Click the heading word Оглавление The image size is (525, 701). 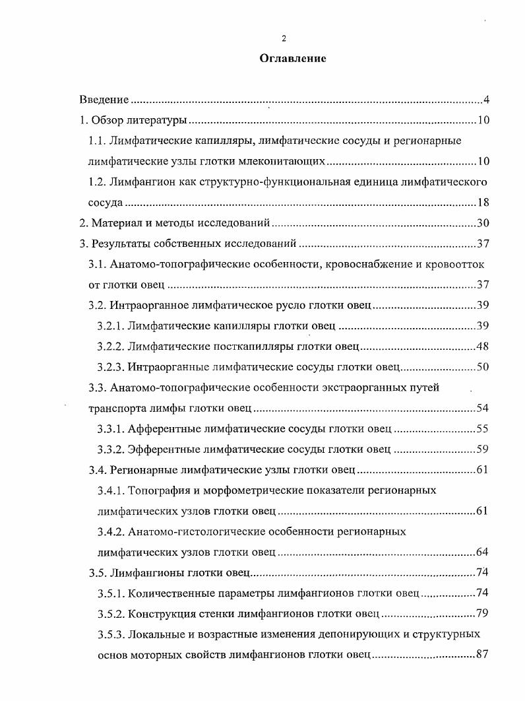pyautogui.click(x=292, y=59)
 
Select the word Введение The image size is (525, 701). pyautogui.click(x=104, y=100)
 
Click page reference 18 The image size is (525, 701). pyautogui.click(x=482, y=203)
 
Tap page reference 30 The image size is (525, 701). pyautogui.click(x=482, y=224)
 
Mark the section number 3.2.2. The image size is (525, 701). pyautogui.click(x=110, y=347)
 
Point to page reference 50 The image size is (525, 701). pyautogui.click(x=482, y=367)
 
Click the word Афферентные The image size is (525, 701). pyautogui.click(x=159, y=429)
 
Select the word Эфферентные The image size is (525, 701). pyautogui.click(x=160, y=450)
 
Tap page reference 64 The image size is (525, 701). pyautogui.click(x=482, y=552)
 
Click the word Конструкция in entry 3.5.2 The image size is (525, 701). pyautogui.click(x=160, y=614)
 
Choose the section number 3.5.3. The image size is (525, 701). pyautogui.click(x=110, y=634)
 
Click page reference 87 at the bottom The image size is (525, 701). pyautogui.click(x=482, y=655)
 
